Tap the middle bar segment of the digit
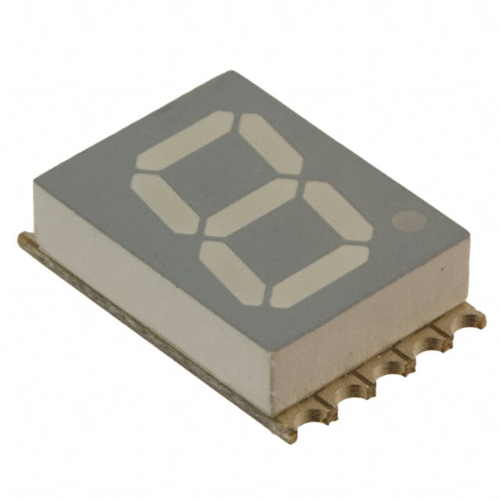[250, 207]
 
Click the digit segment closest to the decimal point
[337, 212]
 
